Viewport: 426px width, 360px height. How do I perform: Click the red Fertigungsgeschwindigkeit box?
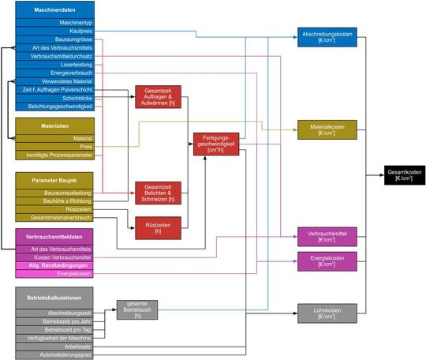click(215, 143)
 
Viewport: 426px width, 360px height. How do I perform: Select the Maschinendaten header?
click(55, 10)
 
